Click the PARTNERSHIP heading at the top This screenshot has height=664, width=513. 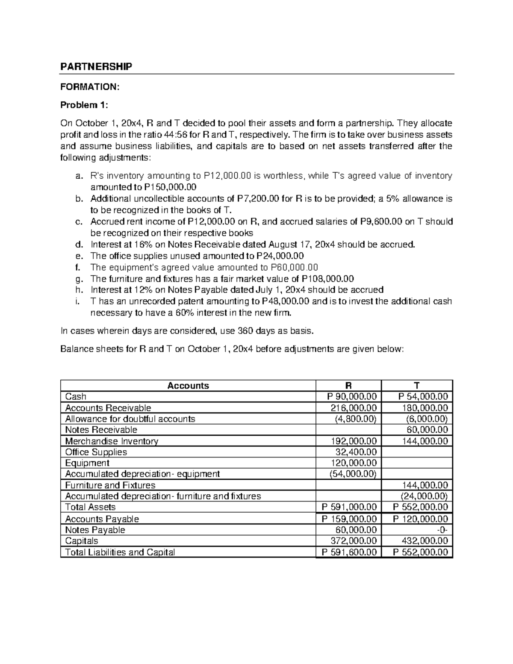(x=96, y=66)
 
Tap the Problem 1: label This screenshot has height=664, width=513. (x=84, y=105)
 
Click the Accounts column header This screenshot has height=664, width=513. (x=188, y=386)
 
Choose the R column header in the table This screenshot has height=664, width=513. (x=348, y=386)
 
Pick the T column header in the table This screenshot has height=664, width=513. (x=417, y=386)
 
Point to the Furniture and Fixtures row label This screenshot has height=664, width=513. (x=110, y=485)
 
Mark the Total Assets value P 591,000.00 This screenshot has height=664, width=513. (x=349, y=507)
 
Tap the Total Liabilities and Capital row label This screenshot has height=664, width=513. (x=120, y=552)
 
